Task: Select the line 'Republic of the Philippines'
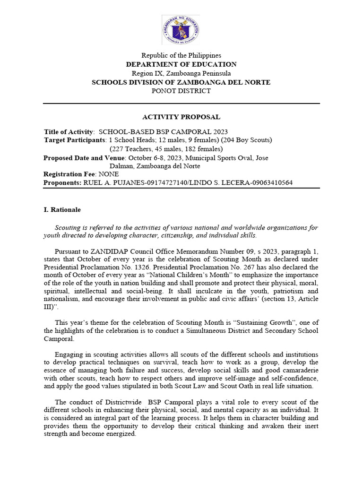click(181, 55)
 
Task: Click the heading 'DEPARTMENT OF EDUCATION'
click(181, 64)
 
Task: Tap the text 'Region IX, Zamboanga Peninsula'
click(181, 73)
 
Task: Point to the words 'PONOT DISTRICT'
click(181, 91)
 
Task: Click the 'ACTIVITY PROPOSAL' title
click(181, 117)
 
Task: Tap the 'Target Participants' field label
click(75, 140)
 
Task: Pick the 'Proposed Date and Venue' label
click(84, 158)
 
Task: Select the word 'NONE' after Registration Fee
click(109, 174)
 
